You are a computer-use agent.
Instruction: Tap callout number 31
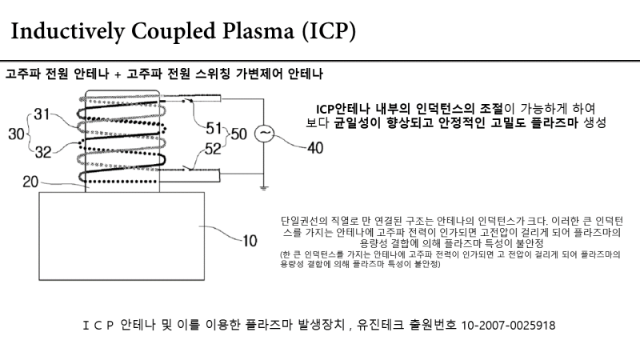click(42, 114)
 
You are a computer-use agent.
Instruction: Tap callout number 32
click(42, 150)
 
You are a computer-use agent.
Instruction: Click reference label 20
click(30, 182)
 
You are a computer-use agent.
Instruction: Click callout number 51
click(214, 126)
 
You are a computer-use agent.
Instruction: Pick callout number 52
click(214, 147)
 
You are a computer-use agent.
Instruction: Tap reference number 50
click(239, 134)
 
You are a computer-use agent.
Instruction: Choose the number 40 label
click(316, 147)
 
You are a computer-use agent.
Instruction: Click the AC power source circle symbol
click(264, 134)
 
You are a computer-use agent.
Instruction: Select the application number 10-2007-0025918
click(509, 326)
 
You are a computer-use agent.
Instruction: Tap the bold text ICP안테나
click(340, 108)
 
